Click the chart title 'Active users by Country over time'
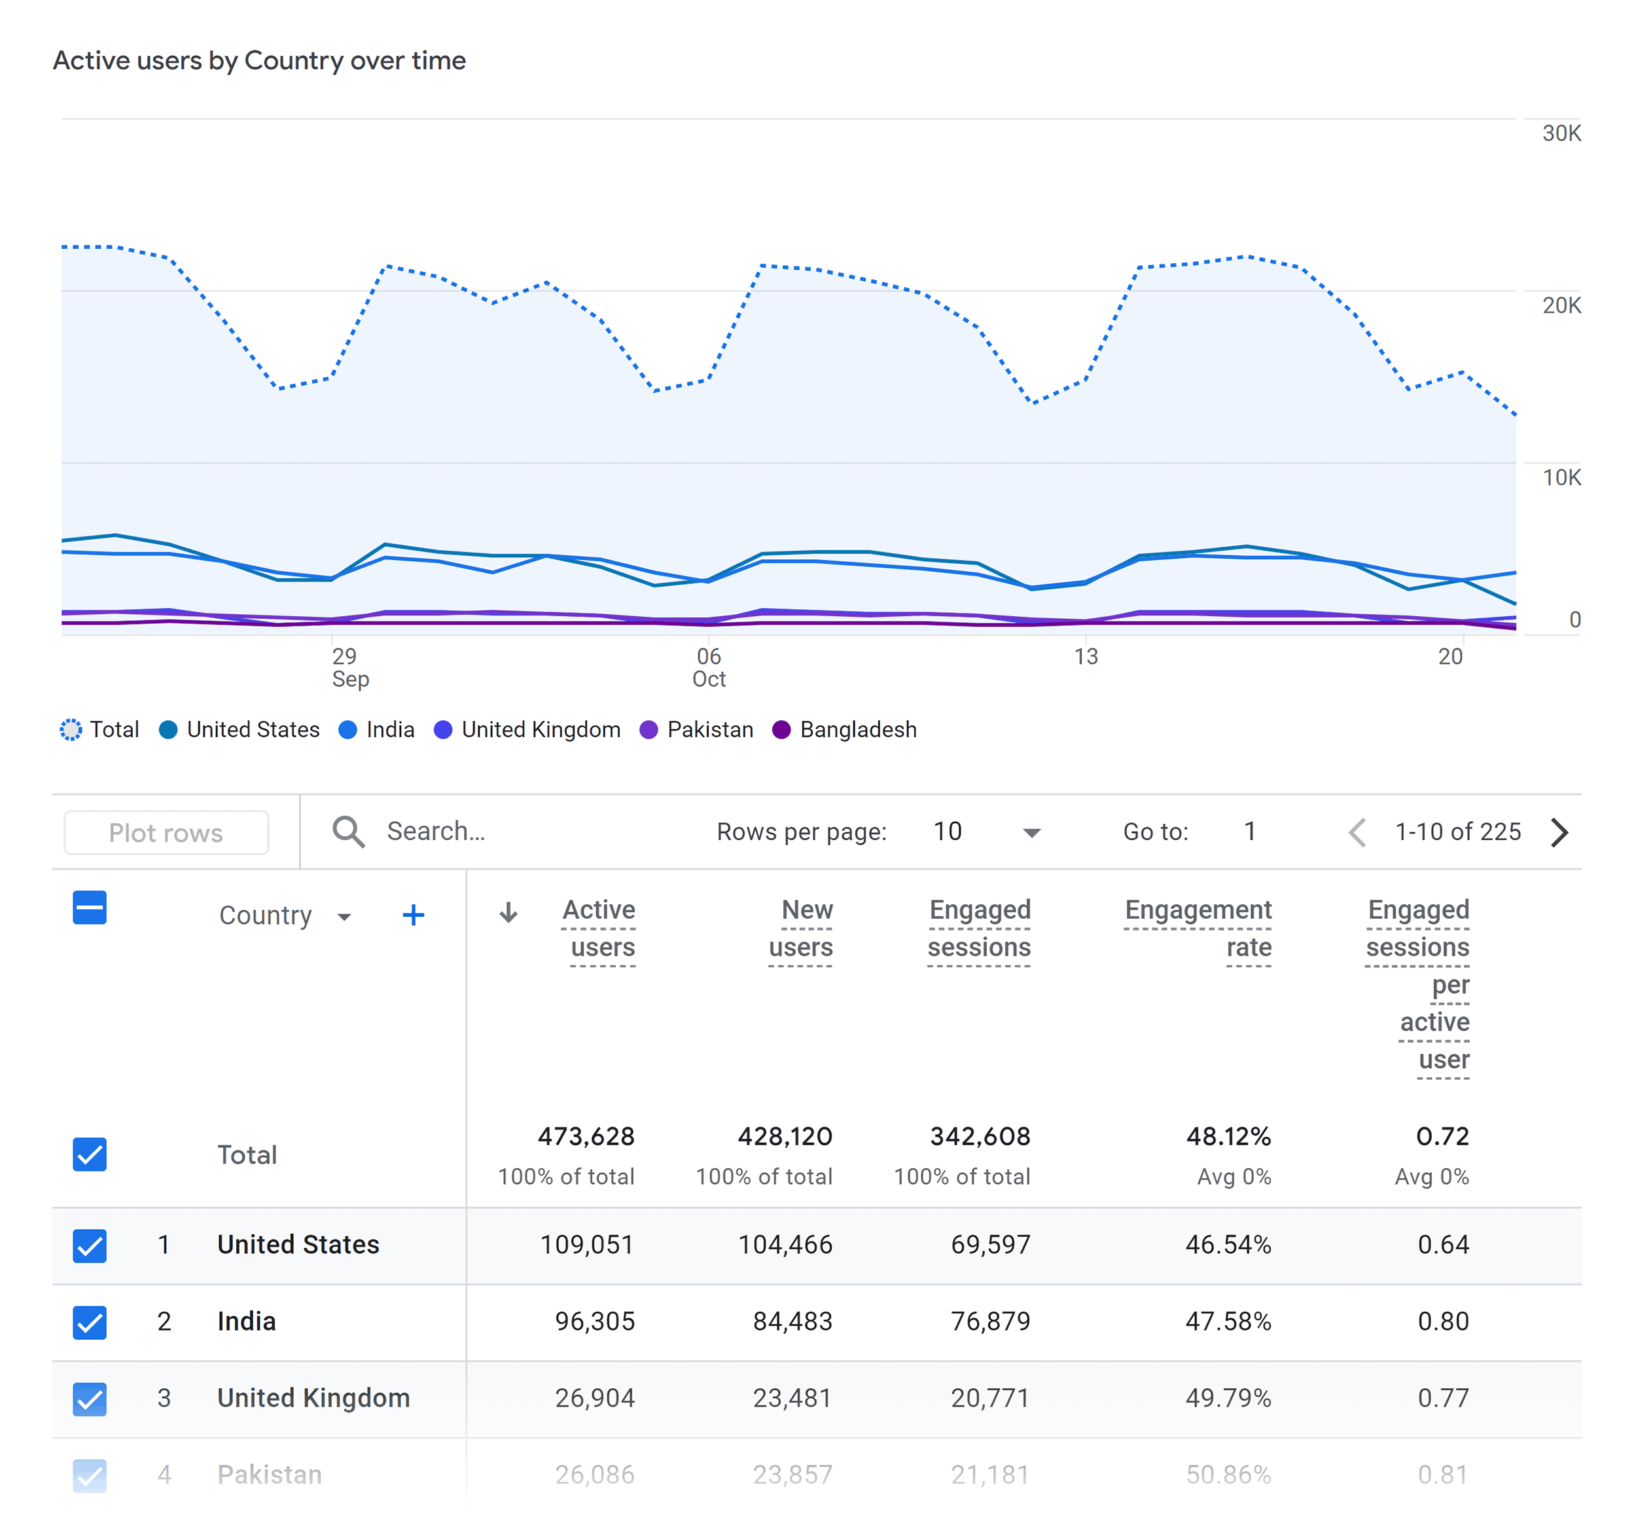click(x=259, y=61)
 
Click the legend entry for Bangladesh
click(x=844, y=730)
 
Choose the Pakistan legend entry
click(x=696, y=730)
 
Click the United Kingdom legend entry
click(x=527, y=730)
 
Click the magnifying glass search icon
click(x=348, y=832)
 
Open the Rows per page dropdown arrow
click(x=1031, y=832)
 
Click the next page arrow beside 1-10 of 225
click(x=1559, y=832)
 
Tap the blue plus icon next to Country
click(x=413, y=915)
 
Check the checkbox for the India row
click(x=90, y=1321)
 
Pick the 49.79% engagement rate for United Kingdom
click(x=1227, y=1398)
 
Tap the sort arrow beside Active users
click(x=508, y=912)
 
